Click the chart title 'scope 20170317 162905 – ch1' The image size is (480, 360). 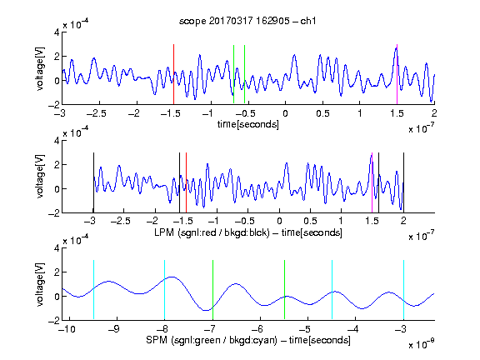[x=247, y=21]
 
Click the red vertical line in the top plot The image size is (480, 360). [x=173, y=74]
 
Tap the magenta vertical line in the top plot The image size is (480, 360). [x=397, y=74]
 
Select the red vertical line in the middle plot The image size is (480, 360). [x=186, y=182]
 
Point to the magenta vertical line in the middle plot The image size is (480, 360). [x=372, y=182]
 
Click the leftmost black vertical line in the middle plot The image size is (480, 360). [x=93, y=182]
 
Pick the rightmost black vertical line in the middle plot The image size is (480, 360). [x=403, y=182]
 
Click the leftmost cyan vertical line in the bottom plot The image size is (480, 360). [x=93, y=290]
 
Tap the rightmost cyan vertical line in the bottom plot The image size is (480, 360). [x=403, y=290]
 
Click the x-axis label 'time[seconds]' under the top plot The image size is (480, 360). [x=248, y=124]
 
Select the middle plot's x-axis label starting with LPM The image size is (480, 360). [x=248, y=232]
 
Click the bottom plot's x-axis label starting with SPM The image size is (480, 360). [x=248, y=340]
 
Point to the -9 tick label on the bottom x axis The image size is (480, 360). [x=114, y=329]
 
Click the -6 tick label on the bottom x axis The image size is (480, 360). [x=257, y=329]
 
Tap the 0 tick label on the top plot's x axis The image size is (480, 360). [x=285, y=113]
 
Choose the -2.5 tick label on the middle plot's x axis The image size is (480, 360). [x=121, y=221]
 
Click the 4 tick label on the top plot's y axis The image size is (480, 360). [x=57, y=32]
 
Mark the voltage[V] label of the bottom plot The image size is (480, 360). [x=40, y=284]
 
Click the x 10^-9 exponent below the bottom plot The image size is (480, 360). [x=421, y=344]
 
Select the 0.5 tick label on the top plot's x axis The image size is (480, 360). [x=322, y=113]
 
